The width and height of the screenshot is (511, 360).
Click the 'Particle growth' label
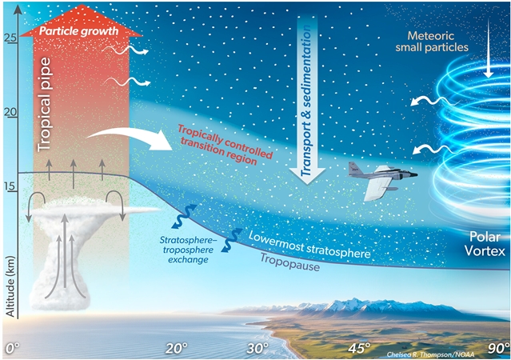coord(78,32)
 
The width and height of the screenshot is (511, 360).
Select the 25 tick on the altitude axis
coord(10,37)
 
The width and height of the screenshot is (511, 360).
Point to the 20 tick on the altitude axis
coord(10,112)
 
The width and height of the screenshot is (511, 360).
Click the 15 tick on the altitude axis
coord(10,187)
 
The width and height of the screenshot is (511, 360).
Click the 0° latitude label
coord(13,347)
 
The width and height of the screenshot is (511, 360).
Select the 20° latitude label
coord(177,347)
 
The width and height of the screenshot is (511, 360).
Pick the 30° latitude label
coord(257,347)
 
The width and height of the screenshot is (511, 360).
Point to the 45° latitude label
coord(359,347)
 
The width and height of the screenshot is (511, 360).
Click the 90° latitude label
coord(497,347)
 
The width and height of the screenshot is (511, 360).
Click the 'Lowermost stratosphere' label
coord(309,246)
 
